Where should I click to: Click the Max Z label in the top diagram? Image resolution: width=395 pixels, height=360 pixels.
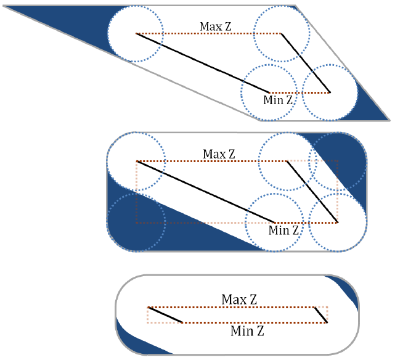coord(216,27)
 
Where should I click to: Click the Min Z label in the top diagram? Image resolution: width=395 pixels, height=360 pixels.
coord(278,100)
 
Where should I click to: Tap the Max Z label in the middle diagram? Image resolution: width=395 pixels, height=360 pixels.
coord(219,154)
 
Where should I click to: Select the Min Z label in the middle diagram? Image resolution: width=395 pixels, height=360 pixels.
coord(283,231)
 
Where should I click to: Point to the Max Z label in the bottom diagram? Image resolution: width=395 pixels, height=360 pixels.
coord(239,300)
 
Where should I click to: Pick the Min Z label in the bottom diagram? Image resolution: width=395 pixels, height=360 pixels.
coord(247,331)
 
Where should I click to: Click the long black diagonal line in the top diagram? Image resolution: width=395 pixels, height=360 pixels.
coord(203,63)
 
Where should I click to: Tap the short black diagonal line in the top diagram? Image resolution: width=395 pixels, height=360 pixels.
coord(306,63)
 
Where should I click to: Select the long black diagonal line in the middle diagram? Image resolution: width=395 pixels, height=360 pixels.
coord(206,192)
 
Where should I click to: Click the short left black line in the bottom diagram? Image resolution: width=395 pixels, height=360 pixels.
coord(165,315)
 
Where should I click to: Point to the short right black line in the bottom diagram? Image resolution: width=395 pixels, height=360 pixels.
coord(320,315)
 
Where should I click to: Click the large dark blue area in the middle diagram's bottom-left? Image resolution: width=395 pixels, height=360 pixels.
coord(151,224)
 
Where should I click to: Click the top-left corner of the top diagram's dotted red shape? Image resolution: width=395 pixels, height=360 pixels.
coord(136,33)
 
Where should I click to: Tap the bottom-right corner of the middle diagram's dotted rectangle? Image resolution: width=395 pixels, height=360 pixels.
coord(338,223)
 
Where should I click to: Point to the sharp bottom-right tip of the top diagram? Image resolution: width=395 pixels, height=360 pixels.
coord(389,120)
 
